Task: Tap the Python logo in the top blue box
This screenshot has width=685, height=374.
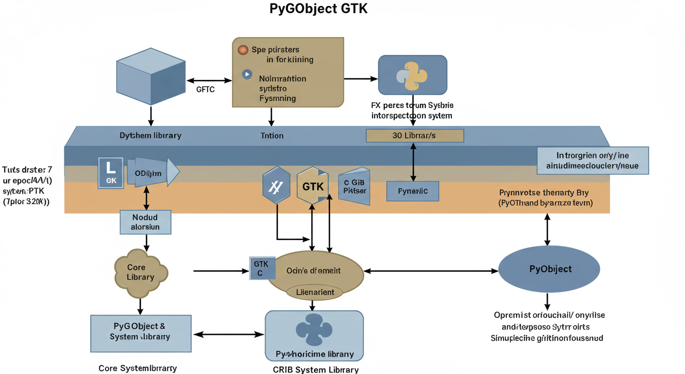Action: (x=412, y=75)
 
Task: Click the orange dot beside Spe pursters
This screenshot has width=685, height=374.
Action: (x=243, y=50)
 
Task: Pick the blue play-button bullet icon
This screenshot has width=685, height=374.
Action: (x=247, y=75)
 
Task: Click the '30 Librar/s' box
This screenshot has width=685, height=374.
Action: (x=415, y=135)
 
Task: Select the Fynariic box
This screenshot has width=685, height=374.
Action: (x=413, y=191)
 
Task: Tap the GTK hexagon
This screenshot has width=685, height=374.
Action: (x=312, y=186)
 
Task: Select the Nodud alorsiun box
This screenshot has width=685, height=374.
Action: (x=146, y=222)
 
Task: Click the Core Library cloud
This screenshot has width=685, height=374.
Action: (x=141, y=273)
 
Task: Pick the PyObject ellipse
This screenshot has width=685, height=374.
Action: (x=549, y=269)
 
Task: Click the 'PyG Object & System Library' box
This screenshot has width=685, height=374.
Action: (x=141, y=333)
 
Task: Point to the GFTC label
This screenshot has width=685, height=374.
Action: (x=205, y=90)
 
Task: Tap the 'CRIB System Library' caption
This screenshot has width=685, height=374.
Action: (x=316, y=370)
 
